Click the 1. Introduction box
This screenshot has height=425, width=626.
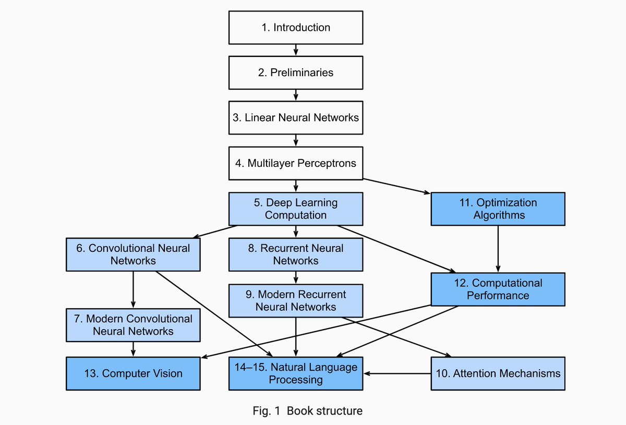tap(296, 28)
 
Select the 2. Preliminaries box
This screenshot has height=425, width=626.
tap(296, 72)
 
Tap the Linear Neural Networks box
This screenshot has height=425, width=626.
tap(296, 118)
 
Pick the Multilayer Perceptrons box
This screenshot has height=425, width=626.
tap(296, 163)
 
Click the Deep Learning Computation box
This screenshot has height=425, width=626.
tap(296, 209)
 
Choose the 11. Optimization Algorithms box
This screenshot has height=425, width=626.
tap(498, 209)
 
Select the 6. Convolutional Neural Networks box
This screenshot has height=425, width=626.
tap(133, 254)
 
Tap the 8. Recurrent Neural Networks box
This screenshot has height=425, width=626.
tap(296, 254)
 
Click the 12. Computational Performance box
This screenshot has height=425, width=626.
tap(498, 289)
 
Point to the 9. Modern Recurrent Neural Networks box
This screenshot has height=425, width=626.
tap(296, 300)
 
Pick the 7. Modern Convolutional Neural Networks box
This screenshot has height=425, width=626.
tap(133, 325)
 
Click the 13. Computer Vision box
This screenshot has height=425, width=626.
tap(133, 373)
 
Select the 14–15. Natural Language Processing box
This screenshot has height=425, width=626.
tap(296, 373)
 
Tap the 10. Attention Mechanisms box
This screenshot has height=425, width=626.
tap(498, 373)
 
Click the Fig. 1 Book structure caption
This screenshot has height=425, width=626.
tap(307, 411)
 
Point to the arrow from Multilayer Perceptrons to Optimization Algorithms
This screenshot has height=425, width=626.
tap(396, 186)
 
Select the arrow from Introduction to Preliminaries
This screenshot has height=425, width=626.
tap(296, 50)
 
